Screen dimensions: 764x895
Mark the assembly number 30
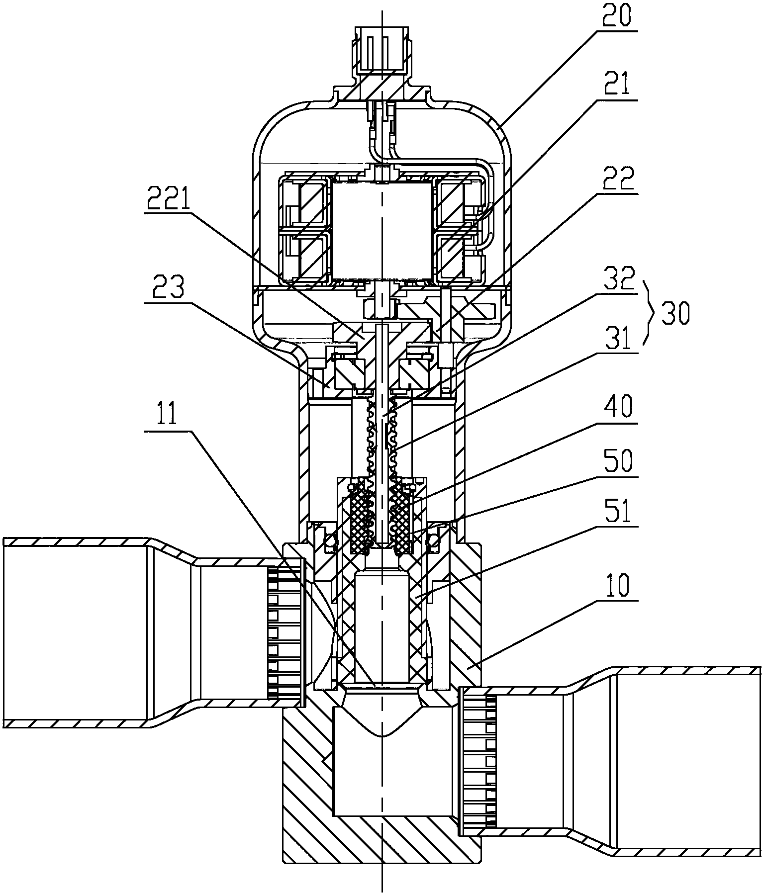click(675, 314)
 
